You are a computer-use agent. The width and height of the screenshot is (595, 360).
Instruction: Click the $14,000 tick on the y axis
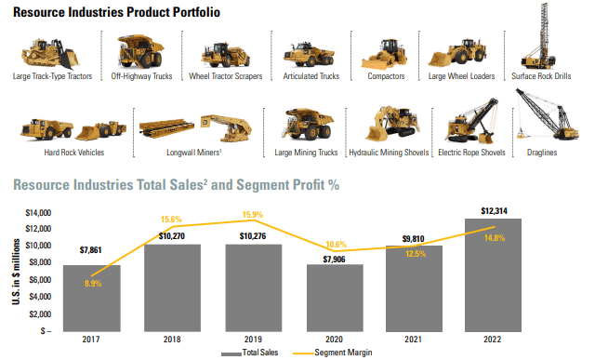pos(37,213)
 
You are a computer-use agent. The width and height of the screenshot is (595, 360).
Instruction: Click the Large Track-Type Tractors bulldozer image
pos(52,52)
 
